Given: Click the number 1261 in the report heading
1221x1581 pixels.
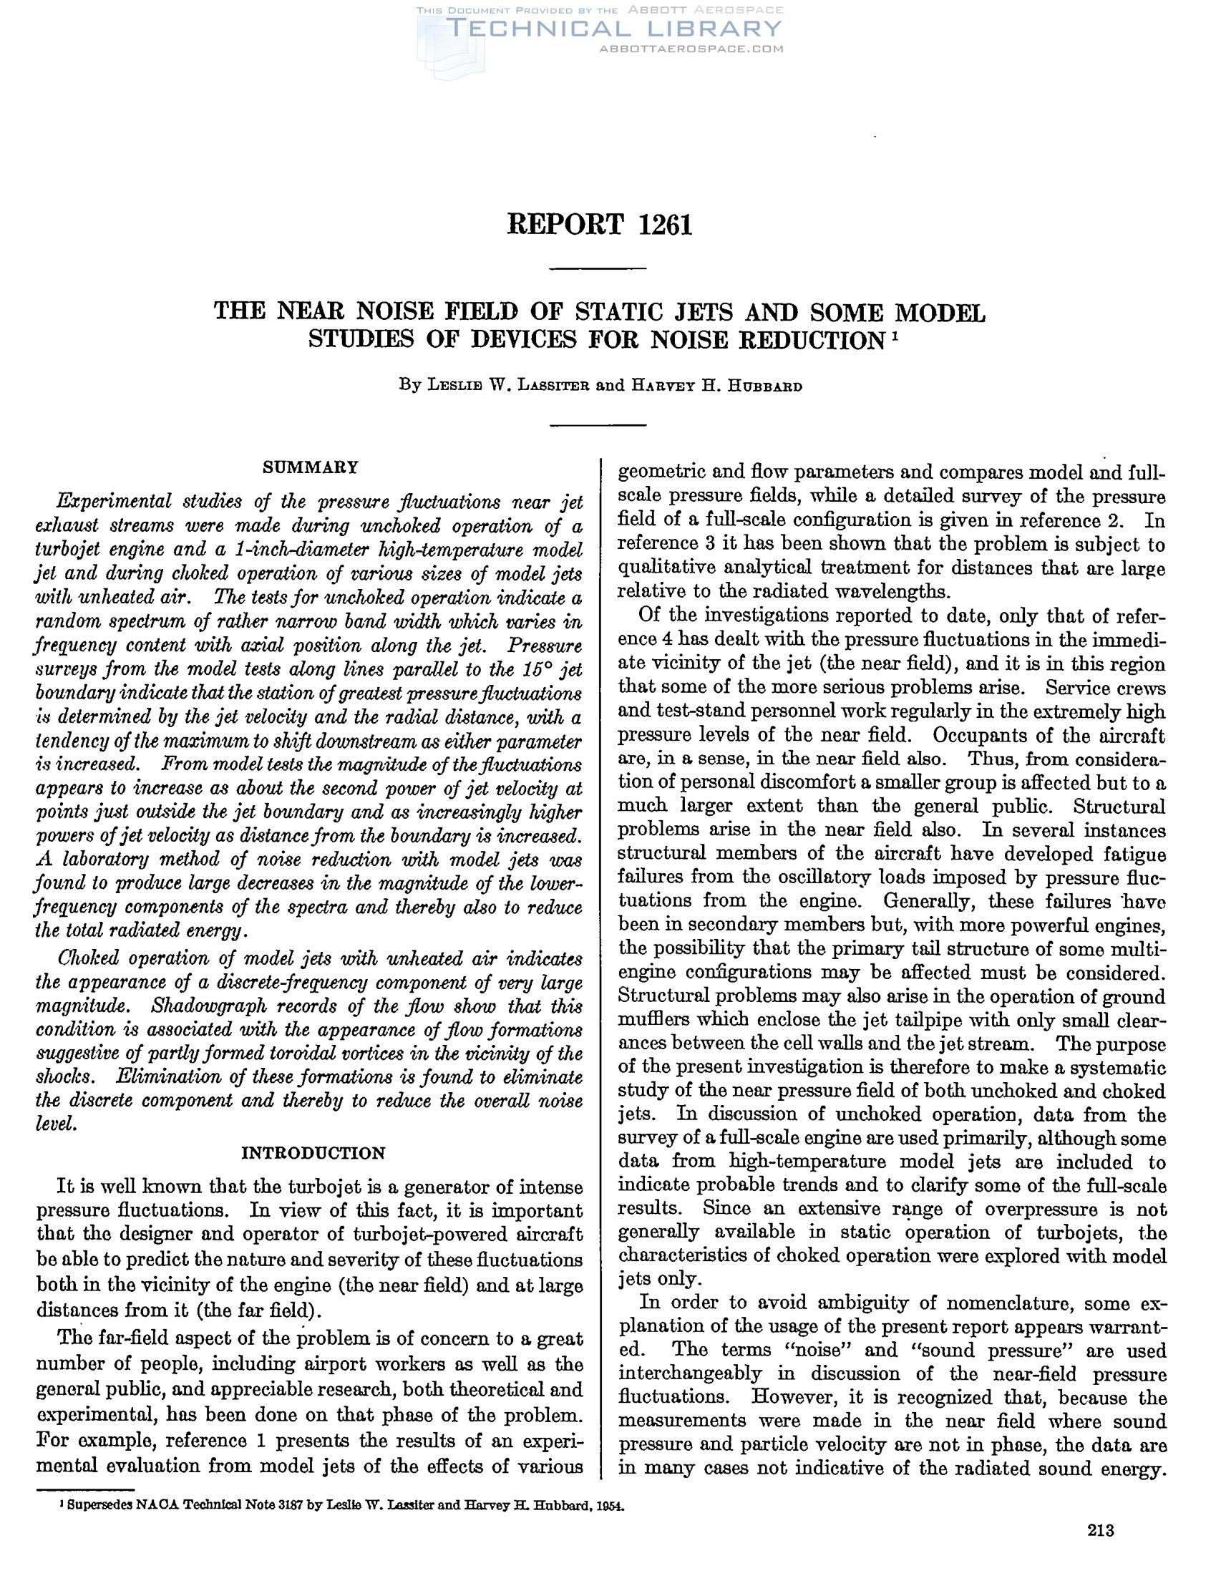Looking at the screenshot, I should (665, 225).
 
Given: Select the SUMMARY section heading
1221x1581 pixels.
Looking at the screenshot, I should (310, 467).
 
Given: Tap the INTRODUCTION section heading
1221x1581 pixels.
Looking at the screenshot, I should (313, 1153).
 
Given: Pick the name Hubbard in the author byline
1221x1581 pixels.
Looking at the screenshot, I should (768, 386).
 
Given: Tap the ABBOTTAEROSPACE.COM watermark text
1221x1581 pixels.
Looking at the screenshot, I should (691, 49).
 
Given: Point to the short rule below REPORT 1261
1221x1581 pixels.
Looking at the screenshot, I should (597, 269).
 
